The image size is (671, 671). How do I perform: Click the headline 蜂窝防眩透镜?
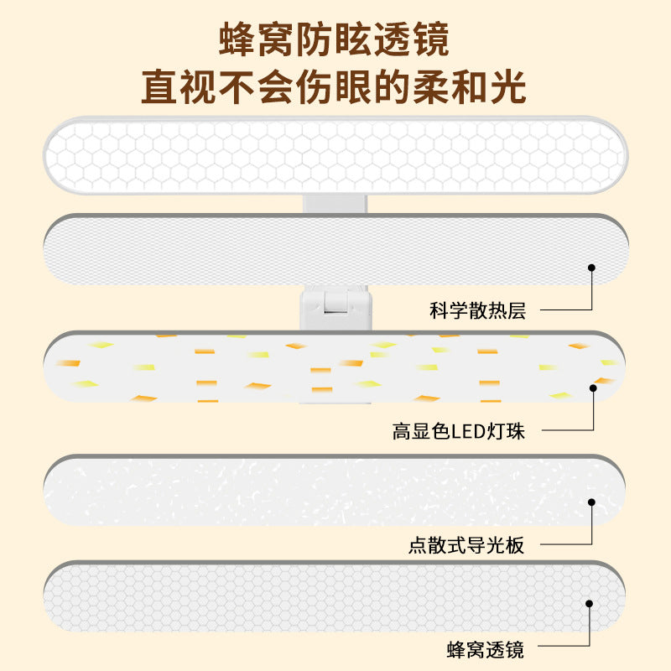tap(334, 39)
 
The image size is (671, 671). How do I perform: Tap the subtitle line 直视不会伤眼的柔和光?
tap(334, 87)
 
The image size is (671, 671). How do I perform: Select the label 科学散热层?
tap(477, 310)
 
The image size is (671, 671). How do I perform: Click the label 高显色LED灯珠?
tap(458, 431)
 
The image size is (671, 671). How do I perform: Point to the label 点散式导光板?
tap(466, 545)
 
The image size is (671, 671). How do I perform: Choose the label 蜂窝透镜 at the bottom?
tap(486, 649)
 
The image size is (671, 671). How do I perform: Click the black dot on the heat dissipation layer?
tap(591, 268)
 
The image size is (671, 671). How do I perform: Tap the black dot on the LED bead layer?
tap(593, 388)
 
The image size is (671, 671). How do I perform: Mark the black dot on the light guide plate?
tap(591, 502)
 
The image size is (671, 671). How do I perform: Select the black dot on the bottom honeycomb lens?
tap(590, 603)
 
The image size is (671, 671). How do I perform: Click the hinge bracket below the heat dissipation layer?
tap(335, 308)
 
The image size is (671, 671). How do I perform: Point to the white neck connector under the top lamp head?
tap(335, 204)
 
